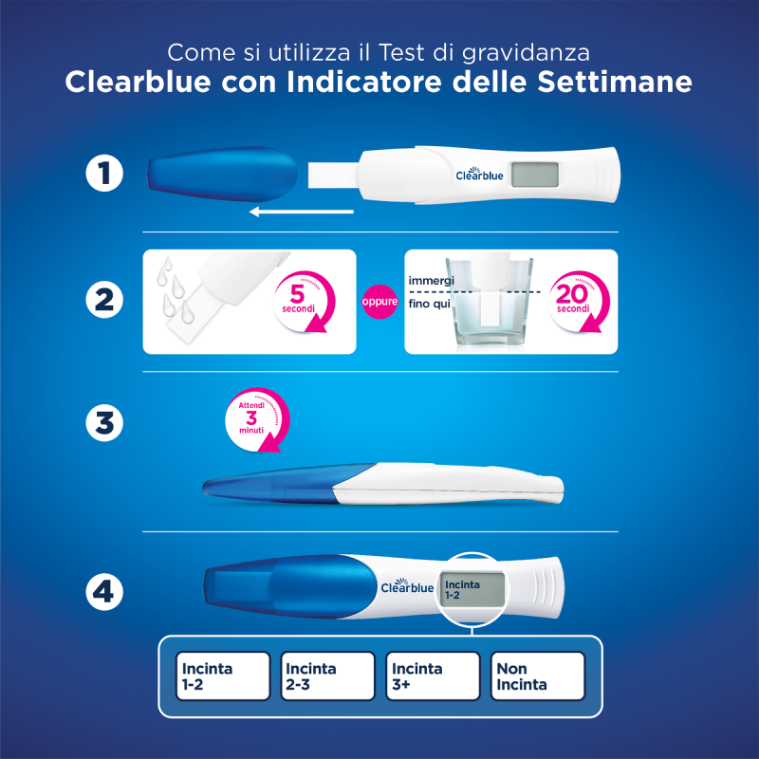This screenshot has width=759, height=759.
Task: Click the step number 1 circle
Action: [104, 176]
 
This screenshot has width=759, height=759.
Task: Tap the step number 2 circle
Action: [104, 301]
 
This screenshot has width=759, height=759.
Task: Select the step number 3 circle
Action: [104, 422]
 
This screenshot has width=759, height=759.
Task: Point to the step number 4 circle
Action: [104, 593]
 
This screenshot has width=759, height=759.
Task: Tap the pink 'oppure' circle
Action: [379, 302]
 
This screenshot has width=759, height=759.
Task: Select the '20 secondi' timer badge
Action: [572, 302]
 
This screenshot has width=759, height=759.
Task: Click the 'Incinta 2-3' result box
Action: [326, 676]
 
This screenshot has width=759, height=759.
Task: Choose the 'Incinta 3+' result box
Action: [433, 676]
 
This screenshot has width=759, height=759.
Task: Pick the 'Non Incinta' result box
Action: [536, 676]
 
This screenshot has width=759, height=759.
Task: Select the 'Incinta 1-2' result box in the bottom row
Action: [223, 676]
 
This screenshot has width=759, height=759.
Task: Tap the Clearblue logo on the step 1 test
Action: [479, 175]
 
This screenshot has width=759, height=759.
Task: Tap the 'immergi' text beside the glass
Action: [432, 282]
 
